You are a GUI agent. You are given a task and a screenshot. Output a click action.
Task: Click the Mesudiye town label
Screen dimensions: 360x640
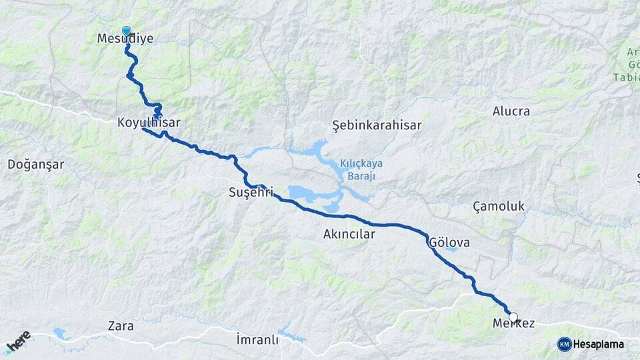(x=125, y=39)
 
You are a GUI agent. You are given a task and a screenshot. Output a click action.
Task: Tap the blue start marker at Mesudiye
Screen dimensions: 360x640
(x=126, y=31)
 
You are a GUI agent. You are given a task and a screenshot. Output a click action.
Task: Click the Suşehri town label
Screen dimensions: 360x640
(x=251, y=193)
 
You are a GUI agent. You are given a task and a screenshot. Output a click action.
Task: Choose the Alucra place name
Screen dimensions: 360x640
(x=511, y=111)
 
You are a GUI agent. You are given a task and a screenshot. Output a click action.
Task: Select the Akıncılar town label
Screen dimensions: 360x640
(x=349, y=235)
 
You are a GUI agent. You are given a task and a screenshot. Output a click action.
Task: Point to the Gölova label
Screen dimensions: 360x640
(x=450, y=243)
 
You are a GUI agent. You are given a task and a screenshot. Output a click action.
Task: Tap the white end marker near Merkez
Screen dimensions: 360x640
(x=513, y=317)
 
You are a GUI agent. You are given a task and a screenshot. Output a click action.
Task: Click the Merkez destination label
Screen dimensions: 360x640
(x=513, y=324)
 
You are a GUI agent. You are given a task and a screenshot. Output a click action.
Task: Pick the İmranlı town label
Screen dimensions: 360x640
(x=257, y=340)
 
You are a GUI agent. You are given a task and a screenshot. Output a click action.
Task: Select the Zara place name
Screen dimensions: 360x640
(x=121, y=327)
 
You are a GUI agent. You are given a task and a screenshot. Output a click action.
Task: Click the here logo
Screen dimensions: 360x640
(x=19, y=341)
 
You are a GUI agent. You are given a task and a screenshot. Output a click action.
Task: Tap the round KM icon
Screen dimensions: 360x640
(x=565, y=344)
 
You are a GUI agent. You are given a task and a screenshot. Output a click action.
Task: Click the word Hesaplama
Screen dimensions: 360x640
(x=599, y=344)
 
